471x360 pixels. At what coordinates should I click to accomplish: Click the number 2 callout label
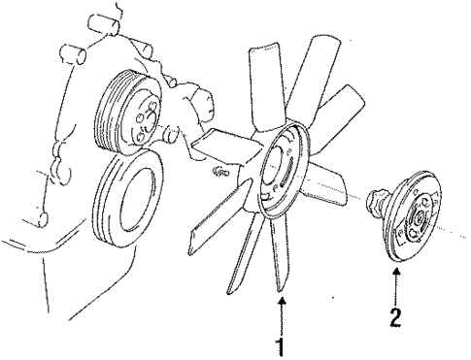(x=396, y=315)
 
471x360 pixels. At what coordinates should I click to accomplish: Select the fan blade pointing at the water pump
(x=209, y=146)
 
